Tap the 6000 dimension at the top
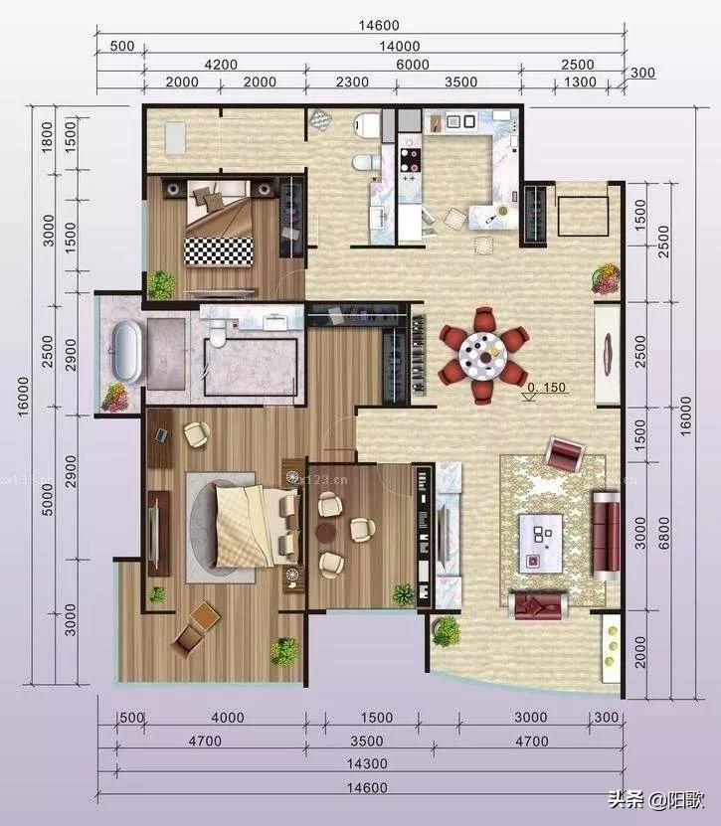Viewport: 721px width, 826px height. (413, 65)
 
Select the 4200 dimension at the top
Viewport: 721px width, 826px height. (221, 65)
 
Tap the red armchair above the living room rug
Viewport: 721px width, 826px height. (565, 455)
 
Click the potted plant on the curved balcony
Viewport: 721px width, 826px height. (446, 630)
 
